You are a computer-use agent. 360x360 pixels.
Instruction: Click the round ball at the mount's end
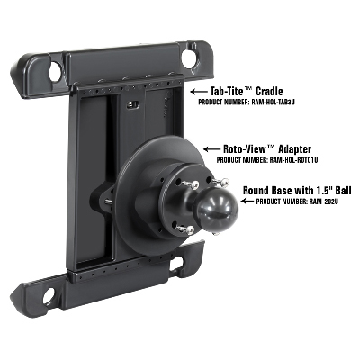click(218, 209)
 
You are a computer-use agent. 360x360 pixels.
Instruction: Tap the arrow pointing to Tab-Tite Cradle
click(199, 91)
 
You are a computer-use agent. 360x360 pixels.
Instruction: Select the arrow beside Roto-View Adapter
click(211, 149)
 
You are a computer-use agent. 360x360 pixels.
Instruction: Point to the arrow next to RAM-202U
click(247, 201)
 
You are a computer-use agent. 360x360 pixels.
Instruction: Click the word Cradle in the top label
click(269, 91)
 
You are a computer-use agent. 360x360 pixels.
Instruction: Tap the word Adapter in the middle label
click(295, 148)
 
